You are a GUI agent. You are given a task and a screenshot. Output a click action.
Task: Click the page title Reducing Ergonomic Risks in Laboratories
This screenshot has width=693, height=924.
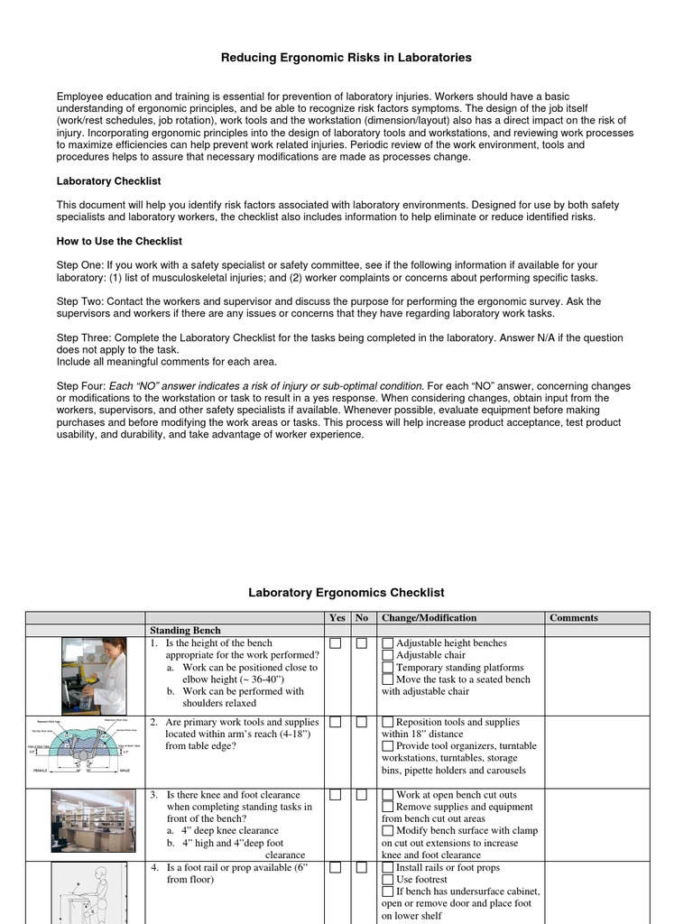[x=346, y=58]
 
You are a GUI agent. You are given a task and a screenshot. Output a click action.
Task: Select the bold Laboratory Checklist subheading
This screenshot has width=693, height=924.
[x=108, y=181]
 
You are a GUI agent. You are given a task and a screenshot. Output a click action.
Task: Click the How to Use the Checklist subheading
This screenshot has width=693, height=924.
[x=119, y=241]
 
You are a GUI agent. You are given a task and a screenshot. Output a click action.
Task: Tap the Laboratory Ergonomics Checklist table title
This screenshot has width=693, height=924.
[x=346, y=593]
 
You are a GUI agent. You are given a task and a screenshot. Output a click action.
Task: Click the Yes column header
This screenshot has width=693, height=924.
[x=337, y=618]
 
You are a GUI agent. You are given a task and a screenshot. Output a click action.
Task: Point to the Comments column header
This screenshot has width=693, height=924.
[x=574, y=618]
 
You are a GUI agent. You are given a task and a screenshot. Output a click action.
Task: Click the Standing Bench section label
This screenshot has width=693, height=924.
[x=184, y=630]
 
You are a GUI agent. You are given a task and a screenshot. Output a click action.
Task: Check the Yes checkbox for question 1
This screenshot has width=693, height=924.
[x=336, y=643]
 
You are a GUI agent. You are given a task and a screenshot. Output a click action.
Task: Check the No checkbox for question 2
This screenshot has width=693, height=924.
[x=361, y=723]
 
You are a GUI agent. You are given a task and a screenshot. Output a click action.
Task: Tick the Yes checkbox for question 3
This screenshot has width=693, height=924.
[x=336, y=795]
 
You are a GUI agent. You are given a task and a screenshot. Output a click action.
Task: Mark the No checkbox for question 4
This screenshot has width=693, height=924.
[x=361, y=867]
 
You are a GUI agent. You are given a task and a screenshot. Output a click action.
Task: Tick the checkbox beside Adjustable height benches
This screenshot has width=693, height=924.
[x=388, y=643]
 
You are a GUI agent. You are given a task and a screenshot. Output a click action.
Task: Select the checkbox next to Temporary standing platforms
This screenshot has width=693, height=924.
[x=388, y=668]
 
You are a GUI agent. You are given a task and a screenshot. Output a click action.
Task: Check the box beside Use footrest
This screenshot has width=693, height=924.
[x=388, y=879]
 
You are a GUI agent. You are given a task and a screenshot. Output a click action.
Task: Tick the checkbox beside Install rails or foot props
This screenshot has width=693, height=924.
[x=388, y=867]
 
